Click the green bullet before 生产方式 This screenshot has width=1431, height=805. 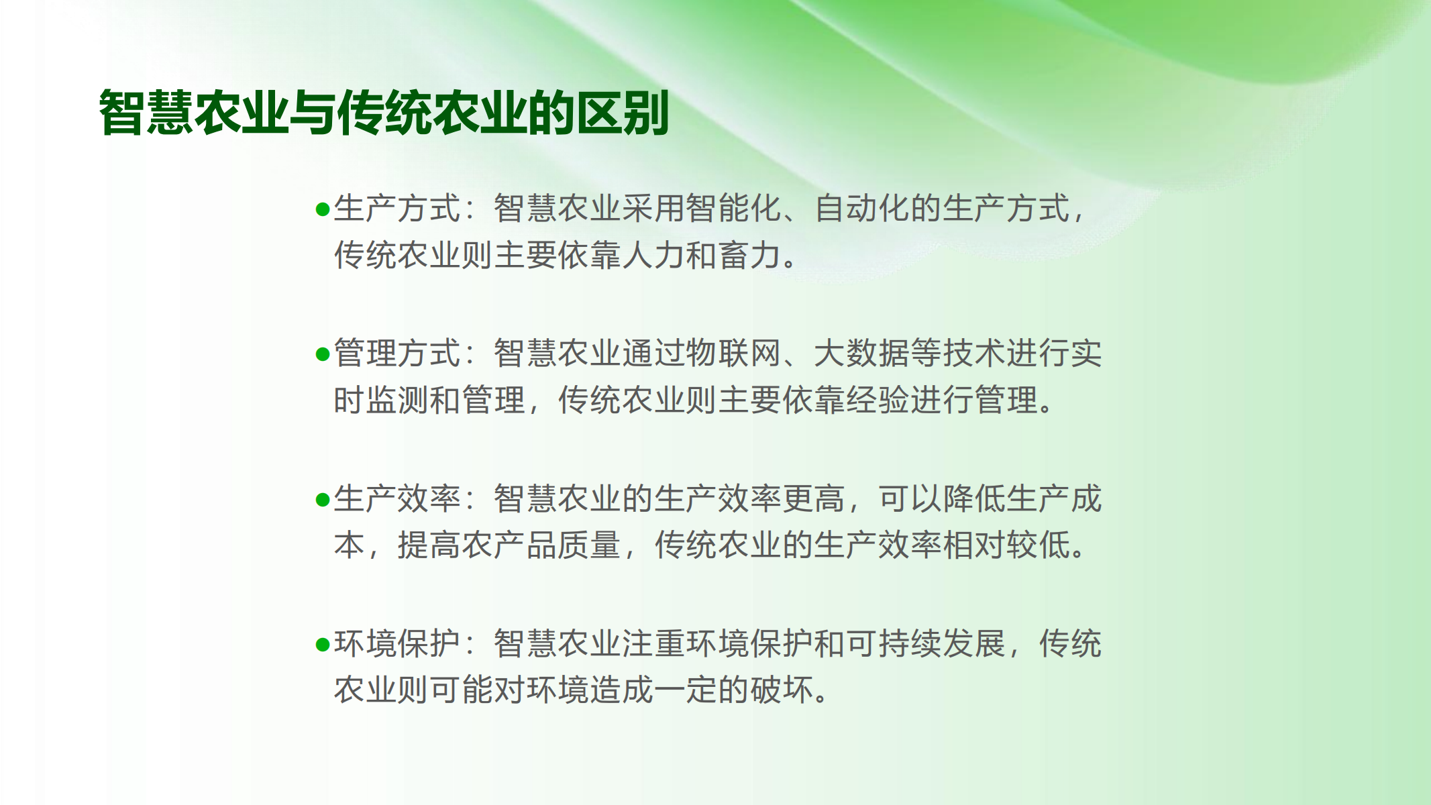click(x=323, y=210)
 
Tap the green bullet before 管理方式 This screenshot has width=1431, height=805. click(x=323, y=354)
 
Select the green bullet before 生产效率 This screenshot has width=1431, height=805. click(x=323, y=500)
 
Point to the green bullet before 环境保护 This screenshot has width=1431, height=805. click(x=323, y=645)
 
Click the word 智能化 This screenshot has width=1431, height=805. click(x=734, y=208)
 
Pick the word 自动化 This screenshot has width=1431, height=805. click(x=862, y=208)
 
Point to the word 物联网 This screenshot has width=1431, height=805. click(x=734, y=354)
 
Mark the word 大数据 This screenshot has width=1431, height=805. click(x=862, y=354)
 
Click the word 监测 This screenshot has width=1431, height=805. click(x=398, y=400)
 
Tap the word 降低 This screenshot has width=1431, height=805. click(x=974, y=499)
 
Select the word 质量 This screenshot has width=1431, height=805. click(x=590, y=545)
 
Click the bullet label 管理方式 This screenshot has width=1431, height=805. click(x=397, y=354)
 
